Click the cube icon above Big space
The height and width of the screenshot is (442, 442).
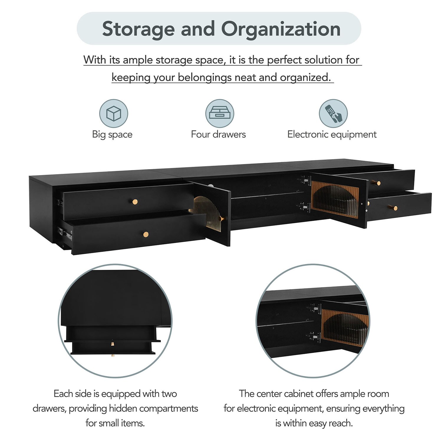tap(113, 113)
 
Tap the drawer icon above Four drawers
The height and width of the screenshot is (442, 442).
tap(220, 113)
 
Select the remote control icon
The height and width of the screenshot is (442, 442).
tap(333, 113)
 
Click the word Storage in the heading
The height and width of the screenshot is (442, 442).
tap(138, 29)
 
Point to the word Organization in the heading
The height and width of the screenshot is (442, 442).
tap(281, 29)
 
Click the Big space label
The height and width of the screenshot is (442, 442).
tap(112, 134)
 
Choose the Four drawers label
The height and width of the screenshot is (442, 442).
tap(218, 134)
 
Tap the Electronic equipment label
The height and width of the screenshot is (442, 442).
tap(332, 134)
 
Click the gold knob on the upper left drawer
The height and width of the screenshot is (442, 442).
tap(135, 202)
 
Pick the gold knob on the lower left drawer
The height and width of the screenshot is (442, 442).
tap(146, 235)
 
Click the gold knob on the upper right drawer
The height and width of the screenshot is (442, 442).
tap(378, 183)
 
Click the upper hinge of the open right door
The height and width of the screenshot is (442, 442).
tap(306, 180)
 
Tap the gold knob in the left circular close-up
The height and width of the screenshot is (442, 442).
tap(113, 344)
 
